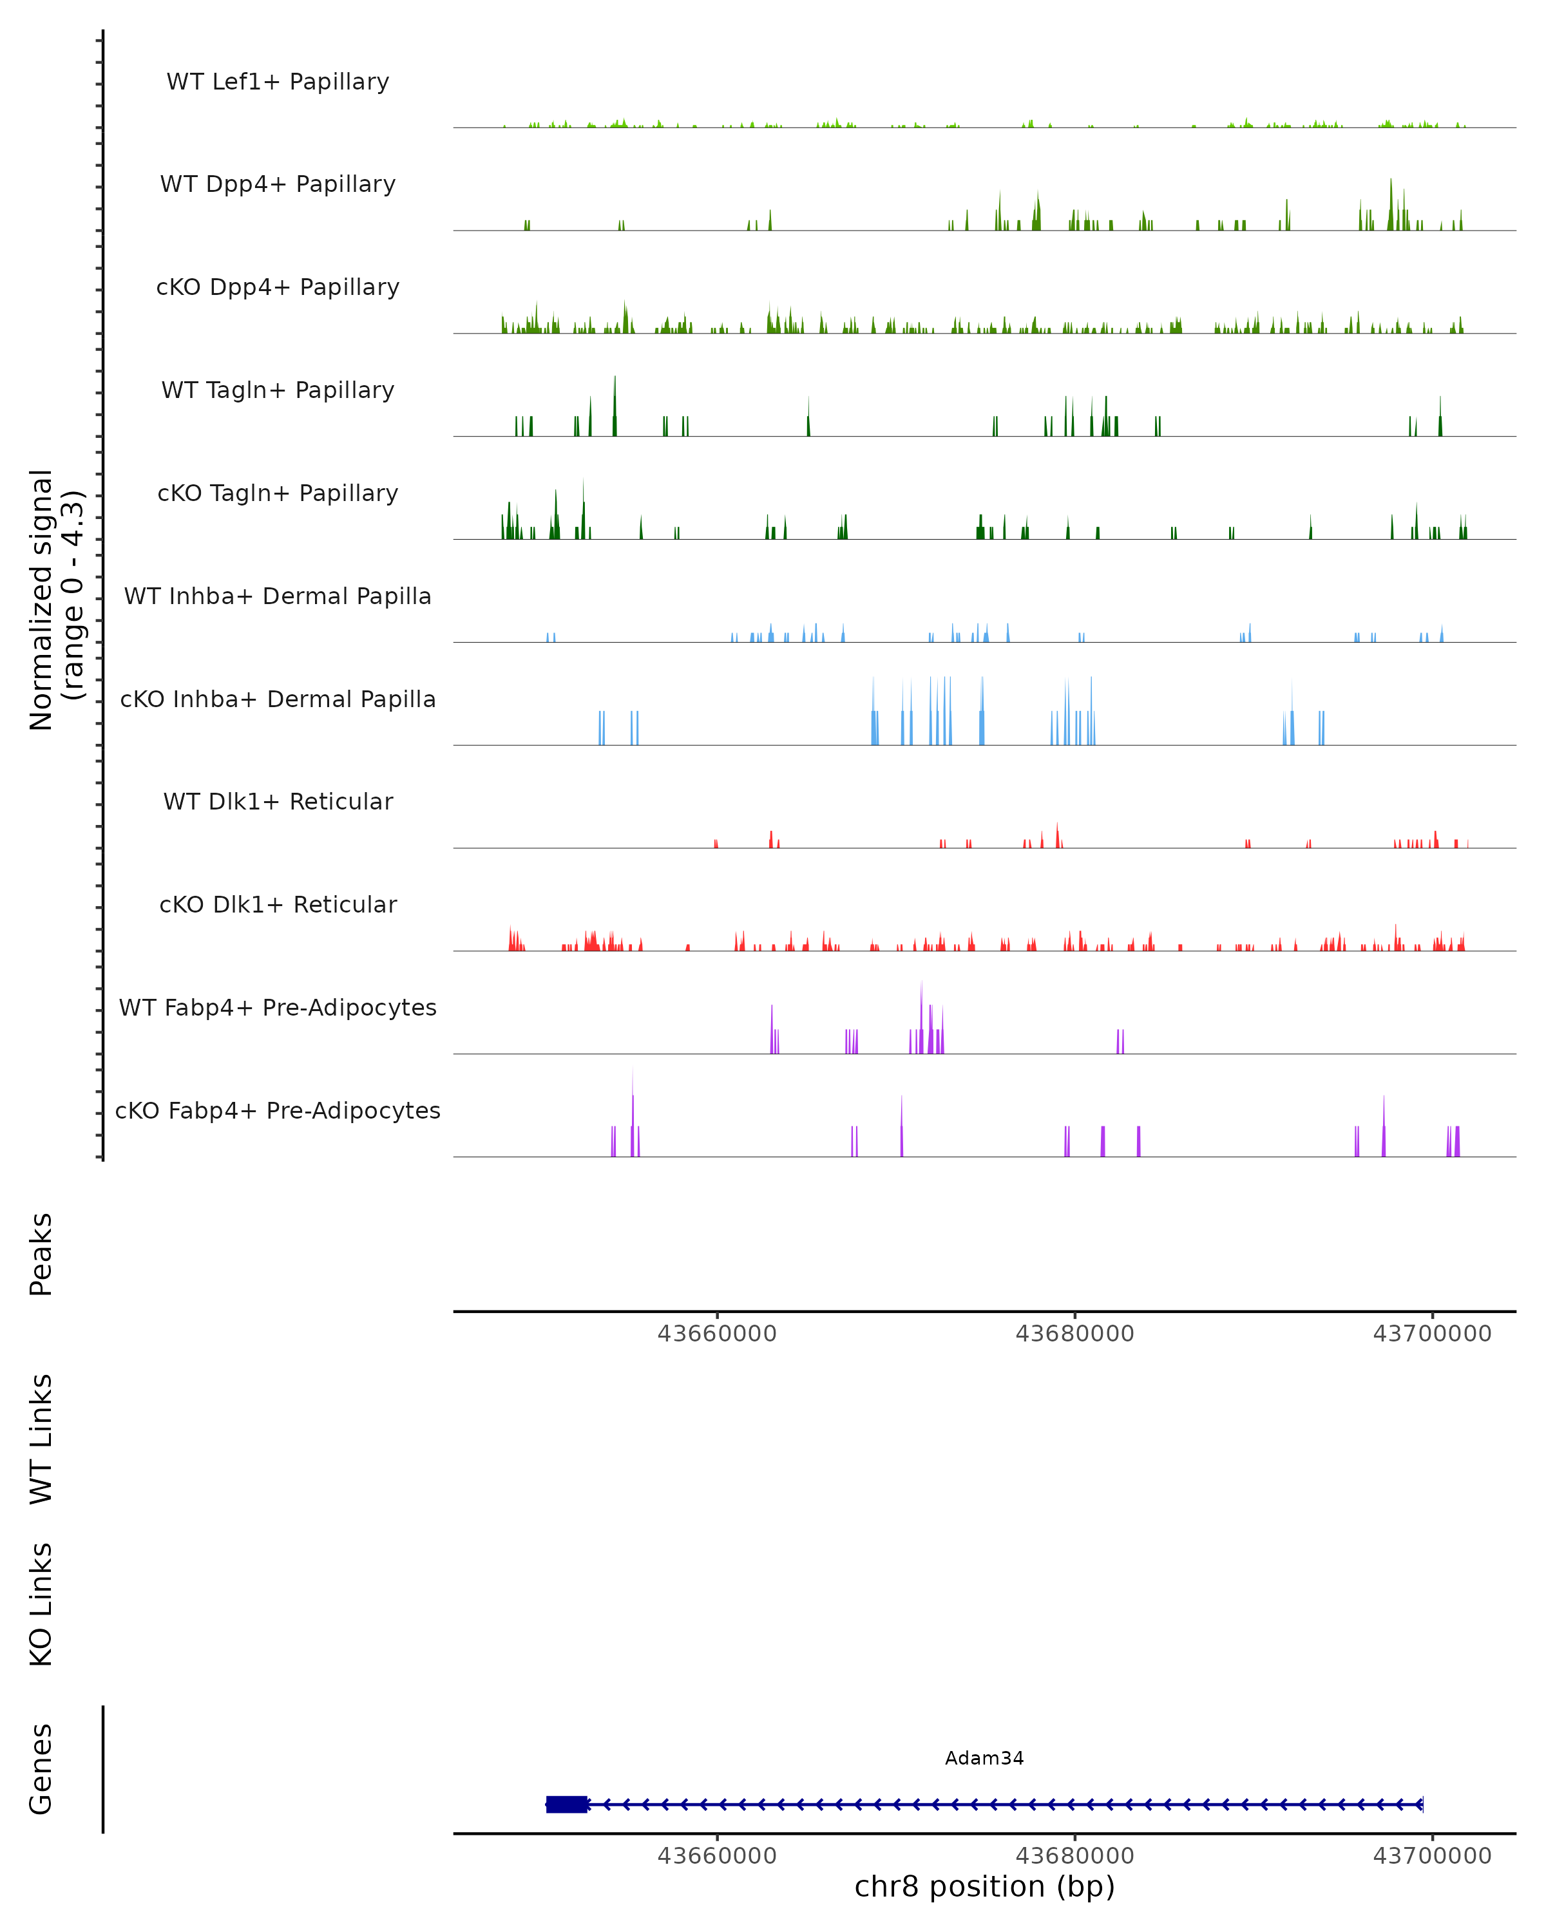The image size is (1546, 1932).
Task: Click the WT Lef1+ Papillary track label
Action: point(278,82)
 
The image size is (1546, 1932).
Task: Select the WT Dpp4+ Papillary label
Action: point(278,185)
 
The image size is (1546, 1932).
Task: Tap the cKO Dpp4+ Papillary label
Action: point(278,288)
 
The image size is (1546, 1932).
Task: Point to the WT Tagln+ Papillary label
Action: point(278,391)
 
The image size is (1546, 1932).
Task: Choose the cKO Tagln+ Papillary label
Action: point(278,494)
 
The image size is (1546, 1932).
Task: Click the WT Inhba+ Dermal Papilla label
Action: point(278,597)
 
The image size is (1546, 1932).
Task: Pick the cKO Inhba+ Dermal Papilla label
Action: point(278,700)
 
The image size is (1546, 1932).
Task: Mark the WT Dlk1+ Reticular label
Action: point(278,802)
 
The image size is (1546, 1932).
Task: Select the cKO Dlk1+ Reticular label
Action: point(278,905)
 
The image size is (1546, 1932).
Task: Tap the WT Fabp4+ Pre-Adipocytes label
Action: point(278,1008)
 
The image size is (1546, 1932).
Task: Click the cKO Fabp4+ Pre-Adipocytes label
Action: point(278,1111)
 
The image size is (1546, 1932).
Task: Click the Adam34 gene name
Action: point(984,1759)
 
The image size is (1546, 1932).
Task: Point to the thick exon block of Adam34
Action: point(566,1804)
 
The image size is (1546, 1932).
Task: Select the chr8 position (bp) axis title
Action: point(984,1887)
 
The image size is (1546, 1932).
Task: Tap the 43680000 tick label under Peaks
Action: point(1074,1334)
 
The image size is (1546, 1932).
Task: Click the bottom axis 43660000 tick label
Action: point(717,1856)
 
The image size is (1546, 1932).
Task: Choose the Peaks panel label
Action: point(41,1255)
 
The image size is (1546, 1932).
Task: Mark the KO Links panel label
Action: point(41,1605)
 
